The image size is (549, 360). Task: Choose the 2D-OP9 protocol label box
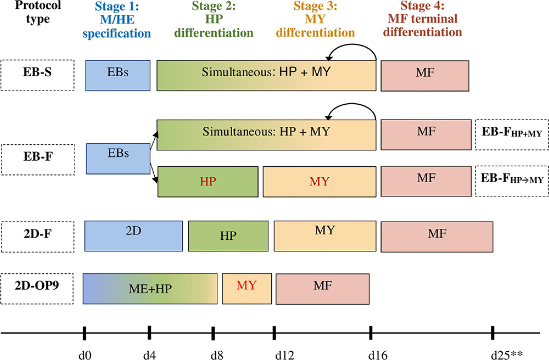[37, 287]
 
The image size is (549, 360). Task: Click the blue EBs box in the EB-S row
[117, 75]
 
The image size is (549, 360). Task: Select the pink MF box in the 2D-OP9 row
[322, 288]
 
